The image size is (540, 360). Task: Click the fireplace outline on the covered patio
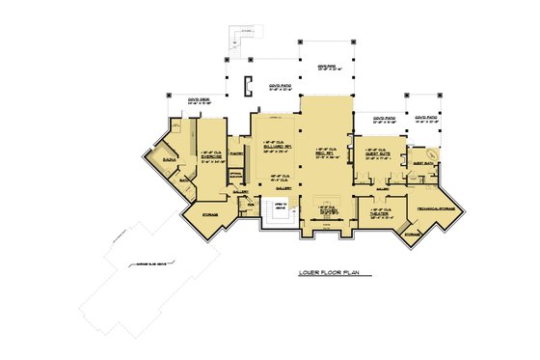[x=248, y=87]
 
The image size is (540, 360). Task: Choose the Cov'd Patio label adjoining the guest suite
[x=384, y=119]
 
